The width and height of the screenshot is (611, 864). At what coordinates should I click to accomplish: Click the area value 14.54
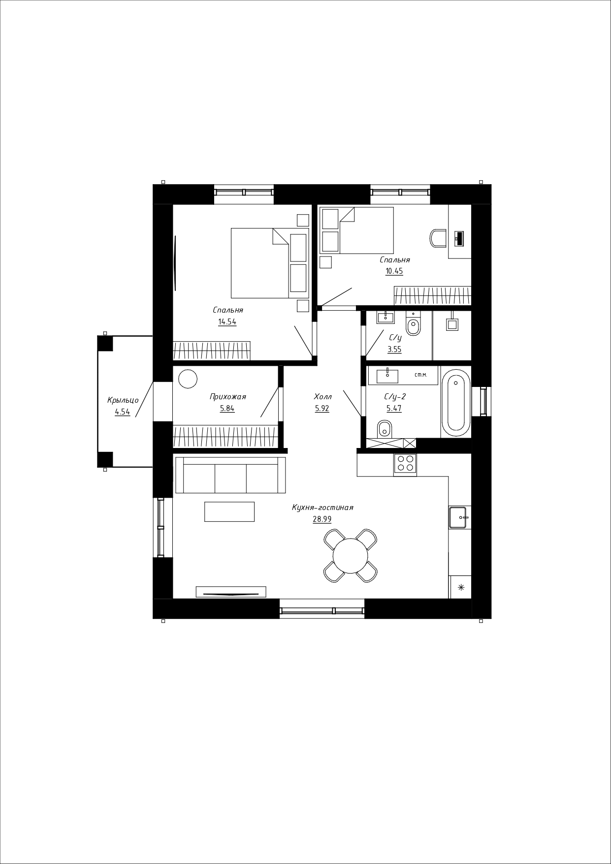(x=227, y=322)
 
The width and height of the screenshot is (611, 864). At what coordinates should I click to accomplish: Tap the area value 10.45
(x=394, y=271)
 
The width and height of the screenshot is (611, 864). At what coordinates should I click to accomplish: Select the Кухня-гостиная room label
(x=322, y=508)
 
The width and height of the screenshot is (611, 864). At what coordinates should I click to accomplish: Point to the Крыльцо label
(x=123, y=400)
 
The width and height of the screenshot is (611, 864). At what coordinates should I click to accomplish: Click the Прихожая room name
(x=227, y=397)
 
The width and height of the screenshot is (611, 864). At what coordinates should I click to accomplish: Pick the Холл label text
(x=323, y=397)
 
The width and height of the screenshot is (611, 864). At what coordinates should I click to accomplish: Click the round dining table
(x=351, y=556)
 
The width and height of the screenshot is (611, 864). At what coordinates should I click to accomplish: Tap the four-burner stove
(x=405, y=464)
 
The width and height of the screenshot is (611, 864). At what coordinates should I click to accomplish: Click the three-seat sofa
(x=230, y=475)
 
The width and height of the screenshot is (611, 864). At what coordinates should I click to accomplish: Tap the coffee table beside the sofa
(x=229, y=512)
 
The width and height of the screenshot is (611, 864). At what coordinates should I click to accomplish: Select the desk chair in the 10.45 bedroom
(x=437, y=238)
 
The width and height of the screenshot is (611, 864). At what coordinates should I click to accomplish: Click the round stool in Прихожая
(x=188, y=379)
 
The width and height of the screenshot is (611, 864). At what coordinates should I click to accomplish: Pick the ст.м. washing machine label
(x=420, y=375)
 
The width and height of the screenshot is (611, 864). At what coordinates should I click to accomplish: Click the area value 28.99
(x=322, y=519)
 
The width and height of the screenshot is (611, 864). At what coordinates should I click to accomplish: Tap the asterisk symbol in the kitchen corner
(x=461, y=587)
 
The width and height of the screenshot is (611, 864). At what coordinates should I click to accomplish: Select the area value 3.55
(x=394, y=350)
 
